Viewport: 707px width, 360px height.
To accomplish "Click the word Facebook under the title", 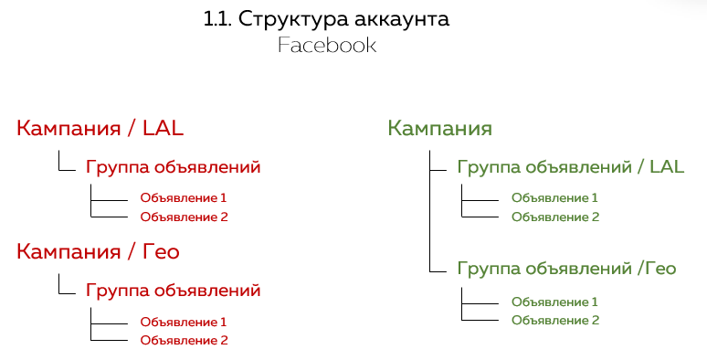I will (327, 45).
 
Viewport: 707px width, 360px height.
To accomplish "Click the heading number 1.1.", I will (218, 19).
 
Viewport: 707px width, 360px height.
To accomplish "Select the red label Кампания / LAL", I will (107, 128).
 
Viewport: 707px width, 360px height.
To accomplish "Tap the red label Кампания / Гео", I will (98, 251).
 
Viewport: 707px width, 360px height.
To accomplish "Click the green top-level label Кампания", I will (440, 128).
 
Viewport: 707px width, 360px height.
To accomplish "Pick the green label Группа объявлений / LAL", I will (570, 167).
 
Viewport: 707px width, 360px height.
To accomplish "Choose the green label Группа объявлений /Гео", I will (566, 268).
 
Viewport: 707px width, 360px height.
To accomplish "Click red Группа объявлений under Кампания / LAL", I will (174, 167).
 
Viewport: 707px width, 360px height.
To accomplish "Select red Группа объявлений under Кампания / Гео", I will (174, 291).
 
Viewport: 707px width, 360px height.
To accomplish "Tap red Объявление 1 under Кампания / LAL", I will (183, 197).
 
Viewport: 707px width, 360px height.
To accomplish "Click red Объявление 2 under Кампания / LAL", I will (183, 217).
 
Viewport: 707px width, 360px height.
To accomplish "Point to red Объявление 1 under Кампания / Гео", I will (183, 322).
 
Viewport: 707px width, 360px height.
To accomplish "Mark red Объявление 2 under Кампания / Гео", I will (183, 340).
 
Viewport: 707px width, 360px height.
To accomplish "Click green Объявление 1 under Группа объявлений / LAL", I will (554, 197).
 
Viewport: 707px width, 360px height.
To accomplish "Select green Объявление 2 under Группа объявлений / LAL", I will (554, 217).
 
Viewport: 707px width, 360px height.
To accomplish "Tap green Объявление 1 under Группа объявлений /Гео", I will (554, 302).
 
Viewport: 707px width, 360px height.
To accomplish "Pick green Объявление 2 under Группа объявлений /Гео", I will (554, 320).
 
